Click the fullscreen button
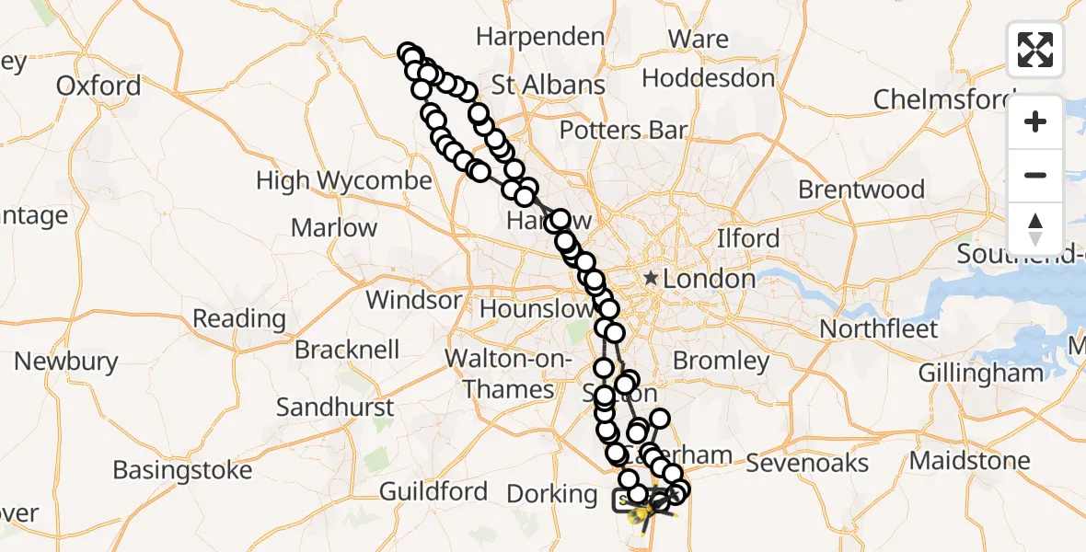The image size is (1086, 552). tap(1035, 50)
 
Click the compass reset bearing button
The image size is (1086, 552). tap(1035, 228)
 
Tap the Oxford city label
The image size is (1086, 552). tap(98, 86)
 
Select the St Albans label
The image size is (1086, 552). tap(549, 86)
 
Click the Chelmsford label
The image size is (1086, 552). tap(943, 98)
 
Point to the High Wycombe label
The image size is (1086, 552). tap(343, 180)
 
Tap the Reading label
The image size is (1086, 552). tap(238, 319)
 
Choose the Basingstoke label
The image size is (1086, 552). tap(182, 471)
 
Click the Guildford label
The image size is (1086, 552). tap(433, 492)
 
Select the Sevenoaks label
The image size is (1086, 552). tap(807, 463)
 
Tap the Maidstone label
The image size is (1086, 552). tap(970, 460)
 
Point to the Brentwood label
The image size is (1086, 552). tap(861, 190)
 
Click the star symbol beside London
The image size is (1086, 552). tap(652, 278)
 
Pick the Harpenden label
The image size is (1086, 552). tap(540, 37)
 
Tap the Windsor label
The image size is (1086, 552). tap(413, 300)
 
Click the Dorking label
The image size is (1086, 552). tap(552, 494)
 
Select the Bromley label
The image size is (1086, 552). tap(721, 361)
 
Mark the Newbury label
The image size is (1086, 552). tap(65, 362)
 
